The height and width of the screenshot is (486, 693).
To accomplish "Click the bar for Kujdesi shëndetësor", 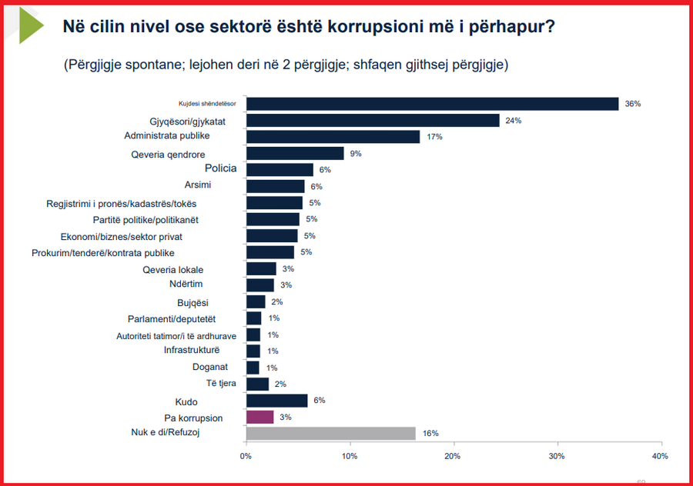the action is tap(432, 104).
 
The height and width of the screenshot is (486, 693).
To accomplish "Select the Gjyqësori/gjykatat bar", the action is tap(373, 121).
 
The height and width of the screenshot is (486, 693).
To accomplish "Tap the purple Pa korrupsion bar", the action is tap(260, 417).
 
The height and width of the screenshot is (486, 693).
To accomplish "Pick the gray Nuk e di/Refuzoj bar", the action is tap(331, 434).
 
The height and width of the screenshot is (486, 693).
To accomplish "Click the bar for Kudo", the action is tap(277, 401).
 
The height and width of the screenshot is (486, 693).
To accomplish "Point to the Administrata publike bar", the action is tap(333, 137).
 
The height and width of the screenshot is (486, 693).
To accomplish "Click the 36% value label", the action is tap(632, 104).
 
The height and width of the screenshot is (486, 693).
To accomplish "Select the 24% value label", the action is tap(514, 121).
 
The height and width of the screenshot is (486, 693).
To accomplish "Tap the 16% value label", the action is tap(430, 434).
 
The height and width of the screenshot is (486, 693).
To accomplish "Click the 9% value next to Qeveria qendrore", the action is tap(356, 154).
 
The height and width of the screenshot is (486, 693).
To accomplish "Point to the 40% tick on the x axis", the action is tap(660, 456).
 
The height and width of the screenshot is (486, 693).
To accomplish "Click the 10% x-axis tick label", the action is tap(350, 456).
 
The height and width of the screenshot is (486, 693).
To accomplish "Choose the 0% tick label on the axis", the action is tap(246, 456).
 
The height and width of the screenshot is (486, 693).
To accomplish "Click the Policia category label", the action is tap(220, 168).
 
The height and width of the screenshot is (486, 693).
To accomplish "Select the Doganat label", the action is tap(210, 367).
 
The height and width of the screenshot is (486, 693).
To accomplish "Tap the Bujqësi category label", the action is tap(192, 303).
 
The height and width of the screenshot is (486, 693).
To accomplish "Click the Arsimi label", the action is tap(198, 185).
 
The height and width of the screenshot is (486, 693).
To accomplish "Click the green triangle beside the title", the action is tap(30, 25).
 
